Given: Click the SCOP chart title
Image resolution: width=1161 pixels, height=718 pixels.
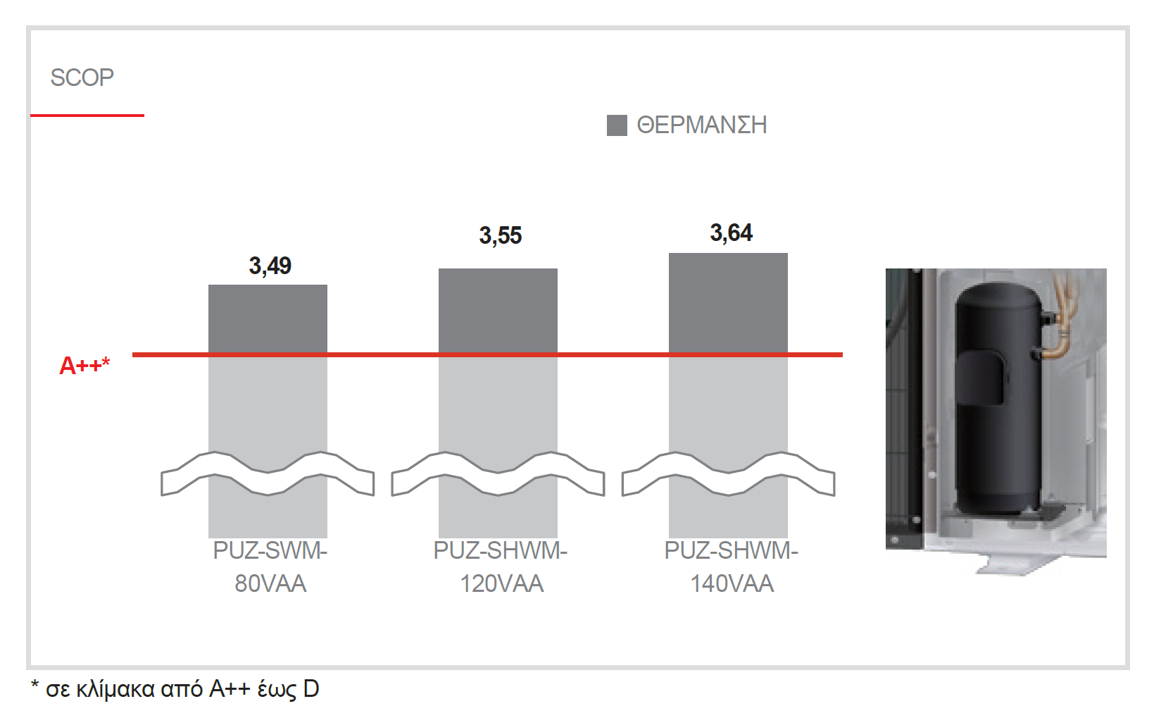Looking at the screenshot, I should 82,78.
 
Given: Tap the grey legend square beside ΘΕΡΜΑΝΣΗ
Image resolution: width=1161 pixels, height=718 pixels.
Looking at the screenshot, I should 617,125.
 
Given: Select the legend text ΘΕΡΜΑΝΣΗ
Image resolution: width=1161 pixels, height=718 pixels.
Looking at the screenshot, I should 701,125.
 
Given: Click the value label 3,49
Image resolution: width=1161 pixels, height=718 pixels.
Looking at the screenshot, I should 270,266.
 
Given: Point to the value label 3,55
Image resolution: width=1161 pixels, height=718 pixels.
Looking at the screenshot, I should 501,235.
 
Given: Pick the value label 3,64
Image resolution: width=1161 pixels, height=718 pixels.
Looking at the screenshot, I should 731,233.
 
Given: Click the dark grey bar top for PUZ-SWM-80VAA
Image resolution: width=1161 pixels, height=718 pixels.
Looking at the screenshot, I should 268,317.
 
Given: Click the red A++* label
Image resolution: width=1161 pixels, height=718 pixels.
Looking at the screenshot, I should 84,366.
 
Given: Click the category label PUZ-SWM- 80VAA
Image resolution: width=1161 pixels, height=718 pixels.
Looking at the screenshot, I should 270,567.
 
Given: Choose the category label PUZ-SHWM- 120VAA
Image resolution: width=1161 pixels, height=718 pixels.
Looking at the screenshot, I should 501,567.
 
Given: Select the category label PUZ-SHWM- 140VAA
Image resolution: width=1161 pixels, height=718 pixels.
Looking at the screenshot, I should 731,567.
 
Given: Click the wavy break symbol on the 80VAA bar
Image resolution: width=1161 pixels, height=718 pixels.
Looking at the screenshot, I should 268,473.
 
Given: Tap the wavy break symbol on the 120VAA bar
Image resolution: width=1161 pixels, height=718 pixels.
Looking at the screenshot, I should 498,473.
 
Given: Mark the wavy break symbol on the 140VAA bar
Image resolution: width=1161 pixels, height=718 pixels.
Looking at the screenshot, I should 728,473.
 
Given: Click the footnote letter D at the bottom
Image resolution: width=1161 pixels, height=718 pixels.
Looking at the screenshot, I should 311,688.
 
